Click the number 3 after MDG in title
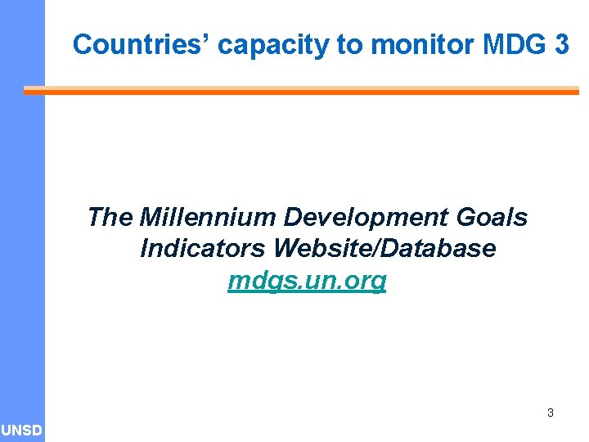pos(561,44)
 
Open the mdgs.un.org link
pos(307,281)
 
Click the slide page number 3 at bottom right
pos(550,413)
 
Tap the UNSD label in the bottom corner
pos(22,431)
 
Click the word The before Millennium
pos(110,218)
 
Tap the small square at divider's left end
pos(27,92)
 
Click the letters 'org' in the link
pos(367,281)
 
